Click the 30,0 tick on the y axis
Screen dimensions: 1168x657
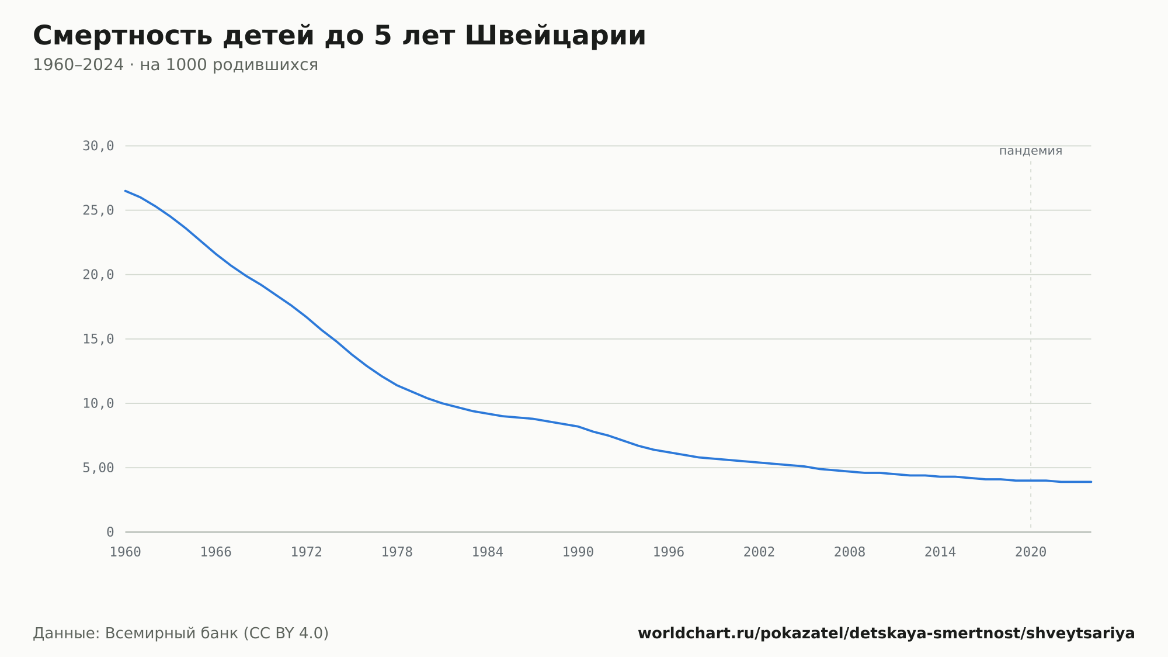coord(98,146)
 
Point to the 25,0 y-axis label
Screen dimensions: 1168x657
coord(98,210)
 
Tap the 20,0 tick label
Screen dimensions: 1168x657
coord(98,275)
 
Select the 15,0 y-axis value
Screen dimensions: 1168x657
coord(98,339)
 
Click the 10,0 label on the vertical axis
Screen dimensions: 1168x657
coord(98,403)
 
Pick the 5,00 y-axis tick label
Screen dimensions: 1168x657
coord(98,468)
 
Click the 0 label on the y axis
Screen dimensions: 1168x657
coord(110,532)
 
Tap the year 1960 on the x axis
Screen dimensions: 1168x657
coord(126,552)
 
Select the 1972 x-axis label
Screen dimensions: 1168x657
coord(307,552)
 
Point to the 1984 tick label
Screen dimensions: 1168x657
coord(488,552)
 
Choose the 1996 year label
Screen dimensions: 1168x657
coord(669,552)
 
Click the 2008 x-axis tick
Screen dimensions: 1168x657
coord(850,552)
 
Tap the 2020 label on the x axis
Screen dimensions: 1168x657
coord(1031,552)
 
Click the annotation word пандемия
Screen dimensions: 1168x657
coord(1031,151)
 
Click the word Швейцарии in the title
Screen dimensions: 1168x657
coord(555,36)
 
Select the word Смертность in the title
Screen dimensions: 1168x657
coord(123,36)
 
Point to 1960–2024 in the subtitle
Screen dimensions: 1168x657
coord(78,65)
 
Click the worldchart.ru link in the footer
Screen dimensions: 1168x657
coord(886,634)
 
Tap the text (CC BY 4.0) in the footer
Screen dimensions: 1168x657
coord(286,634)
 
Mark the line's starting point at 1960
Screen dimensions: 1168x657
coord(126,191)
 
